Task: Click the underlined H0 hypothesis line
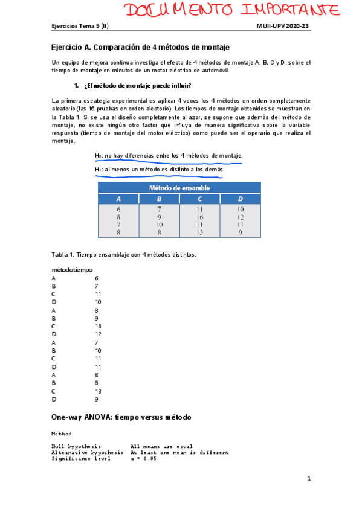coord(169,156)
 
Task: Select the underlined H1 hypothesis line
coord(159,170)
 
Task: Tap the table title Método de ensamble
coord(179,188)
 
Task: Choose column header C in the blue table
coord(199,199)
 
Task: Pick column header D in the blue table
coord(241,199)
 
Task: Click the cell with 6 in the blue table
coord(118,210)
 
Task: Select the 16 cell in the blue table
coord(199,217)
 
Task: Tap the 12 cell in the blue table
coord(241,217)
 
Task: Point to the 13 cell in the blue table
coord(199,232)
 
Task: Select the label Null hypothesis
coord(76,446)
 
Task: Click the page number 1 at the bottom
coord(308,479)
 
